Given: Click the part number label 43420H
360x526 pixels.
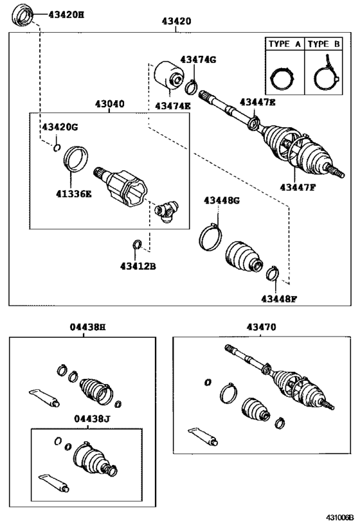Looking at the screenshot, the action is pos(66,15).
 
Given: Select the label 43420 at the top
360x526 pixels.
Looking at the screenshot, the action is pos(177,21).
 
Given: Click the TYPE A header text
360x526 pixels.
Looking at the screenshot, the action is pos(284,44).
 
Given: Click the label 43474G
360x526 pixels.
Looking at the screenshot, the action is pos(199,59).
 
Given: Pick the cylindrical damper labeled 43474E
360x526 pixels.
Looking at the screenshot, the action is pos(169,76).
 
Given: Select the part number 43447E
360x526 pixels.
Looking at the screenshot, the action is pos(258,102).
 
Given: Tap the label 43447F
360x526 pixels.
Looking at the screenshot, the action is pos(298,187).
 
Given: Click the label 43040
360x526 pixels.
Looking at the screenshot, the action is pos(109,104).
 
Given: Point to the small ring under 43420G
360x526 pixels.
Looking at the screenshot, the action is pos(57,147).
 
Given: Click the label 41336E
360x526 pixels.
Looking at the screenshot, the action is pos(74,194).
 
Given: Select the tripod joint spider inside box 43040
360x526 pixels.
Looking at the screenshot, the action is pos(166,211).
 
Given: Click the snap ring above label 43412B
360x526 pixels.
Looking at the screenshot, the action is pos(137,245).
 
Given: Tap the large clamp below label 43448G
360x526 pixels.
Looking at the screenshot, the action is pos(210,237).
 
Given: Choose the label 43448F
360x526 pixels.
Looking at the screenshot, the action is pos(280,299).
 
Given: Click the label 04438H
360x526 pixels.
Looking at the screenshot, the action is pos(87,327).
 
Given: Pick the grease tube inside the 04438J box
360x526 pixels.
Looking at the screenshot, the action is pos(54,483).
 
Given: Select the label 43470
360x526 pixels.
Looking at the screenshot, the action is pos(261,327).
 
